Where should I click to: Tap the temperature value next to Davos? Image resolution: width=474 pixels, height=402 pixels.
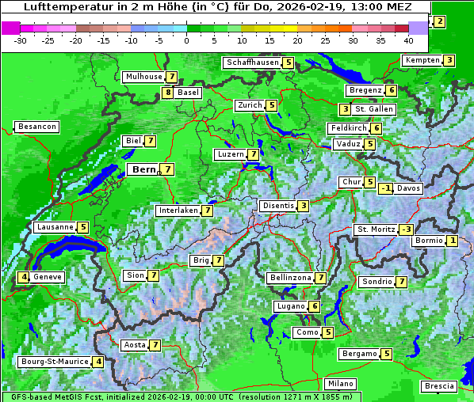[x=386, y=188]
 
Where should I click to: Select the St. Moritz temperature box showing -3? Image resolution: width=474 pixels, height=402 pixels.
[x=406, y=229]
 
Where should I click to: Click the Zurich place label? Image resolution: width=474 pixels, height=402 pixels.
[x=249, y=105]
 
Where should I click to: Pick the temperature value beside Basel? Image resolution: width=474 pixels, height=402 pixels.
[x=167, y=93]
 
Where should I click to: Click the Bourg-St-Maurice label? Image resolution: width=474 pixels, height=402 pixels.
[x=54, y=362]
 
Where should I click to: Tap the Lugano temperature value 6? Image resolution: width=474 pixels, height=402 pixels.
[x=315, y=306]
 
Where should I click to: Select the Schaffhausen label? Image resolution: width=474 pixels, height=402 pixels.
[x=252, y=63]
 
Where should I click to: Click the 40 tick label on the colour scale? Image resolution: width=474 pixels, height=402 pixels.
[x=408, y=40]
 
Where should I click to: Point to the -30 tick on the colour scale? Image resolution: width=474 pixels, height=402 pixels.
[x=21, y=40]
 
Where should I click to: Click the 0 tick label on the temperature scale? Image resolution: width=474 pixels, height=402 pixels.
[x=187, y=40]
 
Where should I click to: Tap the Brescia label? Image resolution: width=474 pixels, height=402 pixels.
[x=439, y=385]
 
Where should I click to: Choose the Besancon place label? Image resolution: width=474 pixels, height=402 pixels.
[x=36, y=127]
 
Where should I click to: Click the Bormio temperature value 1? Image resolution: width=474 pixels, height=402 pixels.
[x=452, y=241]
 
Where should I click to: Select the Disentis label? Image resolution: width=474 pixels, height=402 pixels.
[x=278, y=206]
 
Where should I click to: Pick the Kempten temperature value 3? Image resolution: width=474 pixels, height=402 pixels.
[x=449, y=60]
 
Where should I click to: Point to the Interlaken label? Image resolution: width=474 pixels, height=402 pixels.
[x=178, y=210]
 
